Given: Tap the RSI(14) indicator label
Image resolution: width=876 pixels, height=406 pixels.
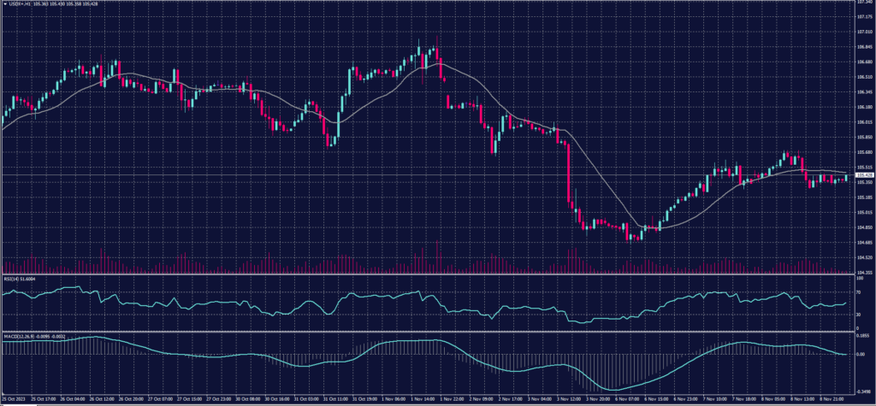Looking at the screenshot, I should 21,278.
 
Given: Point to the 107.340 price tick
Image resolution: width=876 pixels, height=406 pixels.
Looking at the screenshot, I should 865,3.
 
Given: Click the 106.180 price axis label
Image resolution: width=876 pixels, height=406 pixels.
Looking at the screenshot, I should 865,108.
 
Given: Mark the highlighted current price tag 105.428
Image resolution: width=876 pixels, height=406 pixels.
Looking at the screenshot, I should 865,175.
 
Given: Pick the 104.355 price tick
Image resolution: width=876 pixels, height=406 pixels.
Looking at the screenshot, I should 865,272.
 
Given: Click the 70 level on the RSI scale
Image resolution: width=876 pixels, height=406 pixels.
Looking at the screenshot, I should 859,292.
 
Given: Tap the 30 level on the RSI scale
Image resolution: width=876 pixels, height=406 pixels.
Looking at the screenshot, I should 859,314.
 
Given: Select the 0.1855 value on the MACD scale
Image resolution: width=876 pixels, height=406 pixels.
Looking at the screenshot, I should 863,337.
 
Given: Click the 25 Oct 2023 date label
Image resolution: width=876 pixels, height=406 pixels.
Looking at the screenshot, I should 15,399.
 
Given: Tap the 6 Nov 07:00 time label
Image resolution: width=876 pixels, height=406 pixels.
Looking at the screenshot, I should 631,399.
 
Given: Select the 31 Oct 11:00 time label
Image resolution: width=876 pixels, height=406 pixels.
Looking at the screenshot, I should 335,399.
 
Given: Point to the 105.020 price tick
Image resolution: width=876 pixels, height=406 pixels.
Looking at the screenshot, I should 865,212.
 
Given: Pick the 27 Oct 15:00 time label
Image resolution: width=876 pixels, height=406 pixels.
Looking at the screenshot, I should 188,399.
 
